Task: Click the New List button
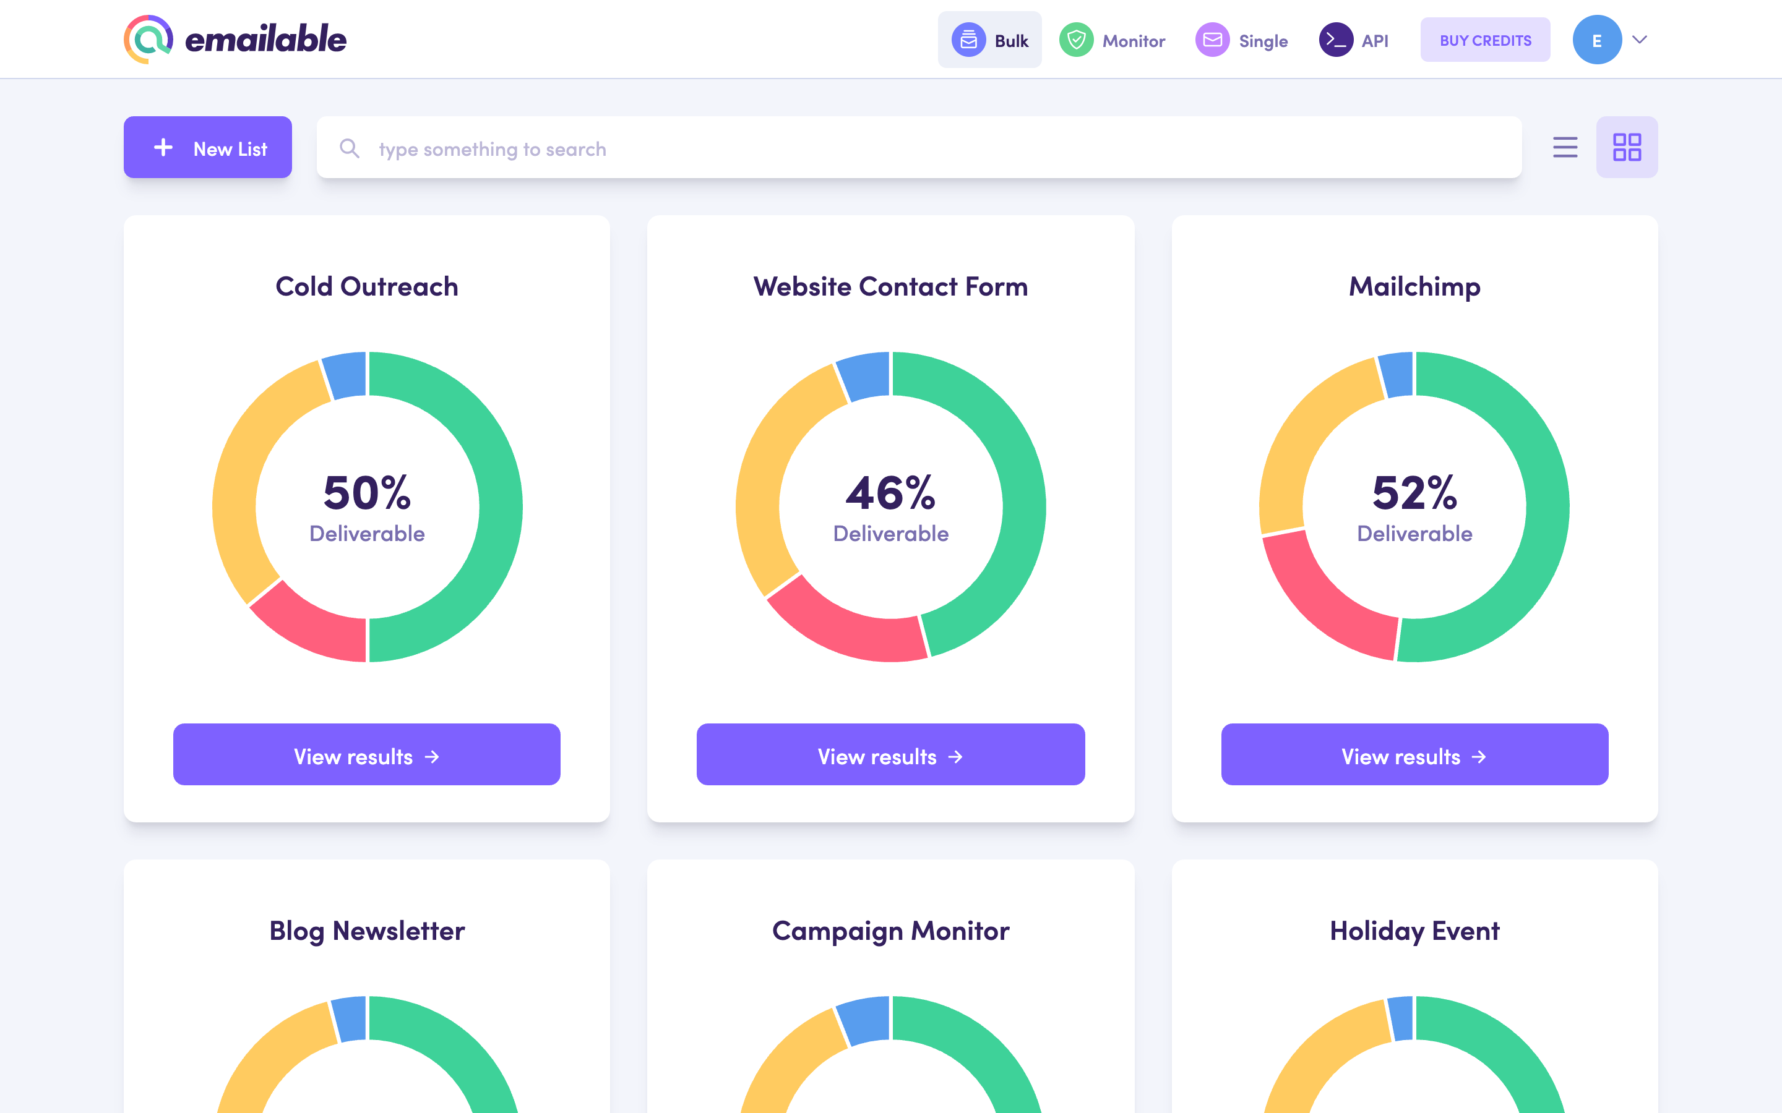208,147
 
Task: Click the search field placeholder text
492,150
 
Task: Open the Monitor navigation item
1112,40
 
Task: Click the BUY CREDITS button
1484,40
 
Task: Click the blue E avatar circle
1596,40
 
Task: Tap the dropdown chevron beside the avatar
1640,40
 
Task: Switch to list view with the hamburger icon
1565,147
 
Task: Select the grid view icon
1627,147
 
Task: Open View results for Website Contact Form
890,754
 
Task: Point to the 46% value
890,492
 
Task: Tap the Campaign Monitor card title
890,931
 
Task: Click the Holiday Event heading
1414,931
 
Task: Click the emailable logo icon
148,40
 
